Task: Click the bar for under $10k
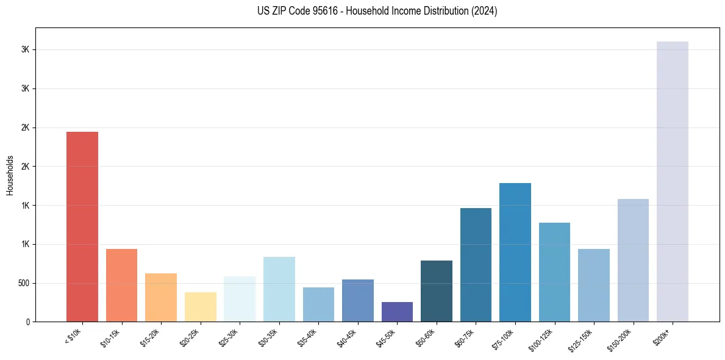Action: (x=82, y=226)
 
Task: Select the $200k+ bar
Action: (x=673, y=181)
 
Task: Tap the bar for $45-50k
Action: (x=397, y=312)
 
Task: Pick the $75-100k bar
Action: (x=515, y=252)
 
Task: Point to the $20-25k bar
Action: (x=201, y=307)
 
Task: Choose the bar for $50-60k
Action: (x=437, y=291)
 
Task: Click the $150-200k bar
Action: (x=633, y=260)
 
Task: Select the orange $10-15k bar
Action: (x=121, y=285)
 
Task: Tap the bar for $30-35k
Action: (x=279, y=289)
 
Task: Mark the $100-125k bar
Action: (x=554, y=272)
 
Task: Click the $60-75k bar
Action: (x=476, y=265)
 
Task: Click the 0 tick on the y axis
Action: (x=27, y=322)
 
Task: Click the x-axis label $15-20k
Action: (x=152, y=336)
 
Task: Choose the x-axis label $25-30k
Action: (x=230, y=336)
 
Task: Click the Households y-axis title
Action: (x=10, y=175)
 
